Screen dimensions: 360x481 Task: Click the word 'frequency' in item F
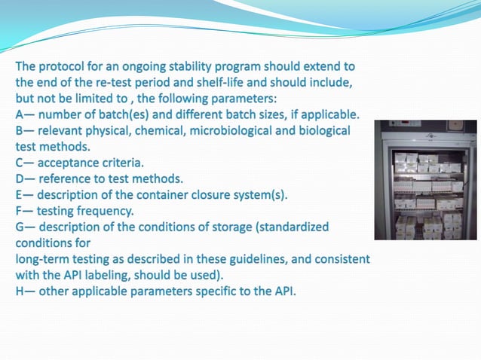click(103, 210)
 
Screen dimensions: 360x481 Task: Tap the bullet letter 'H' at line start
click(20, 290)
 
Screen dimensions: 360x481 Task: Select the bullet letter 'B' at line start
click(20, 130)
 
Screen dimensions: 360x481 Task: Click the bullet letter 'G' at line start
click(20, 226)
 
